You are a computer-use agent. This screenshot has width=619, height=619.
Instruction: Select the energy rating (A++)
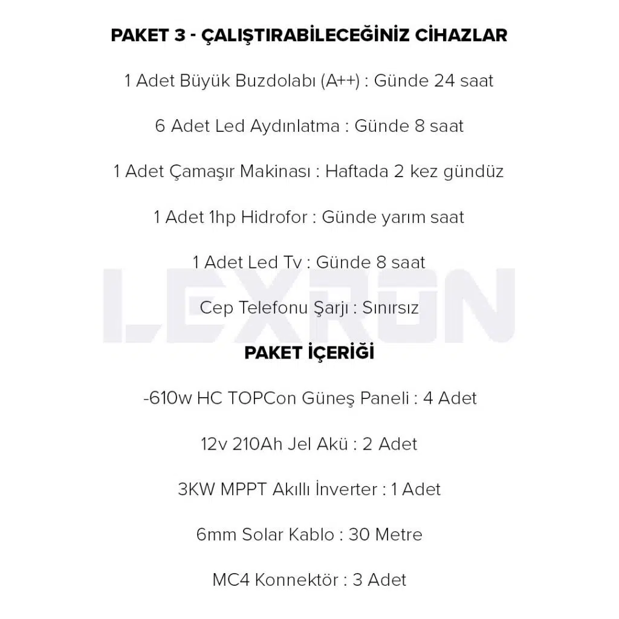click(341, 81)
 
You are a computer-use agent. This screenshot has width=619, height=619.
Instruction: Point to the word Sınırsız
click(391, 308)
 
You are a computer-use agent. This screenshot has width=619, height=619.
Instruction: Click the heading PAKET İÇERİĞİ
click(309, 353)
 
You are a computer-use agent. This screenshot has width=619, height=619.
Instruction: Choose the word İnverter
click(347, 489)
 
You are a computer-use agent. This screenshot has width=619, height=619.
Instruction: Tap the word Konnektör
click(296, 580)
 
